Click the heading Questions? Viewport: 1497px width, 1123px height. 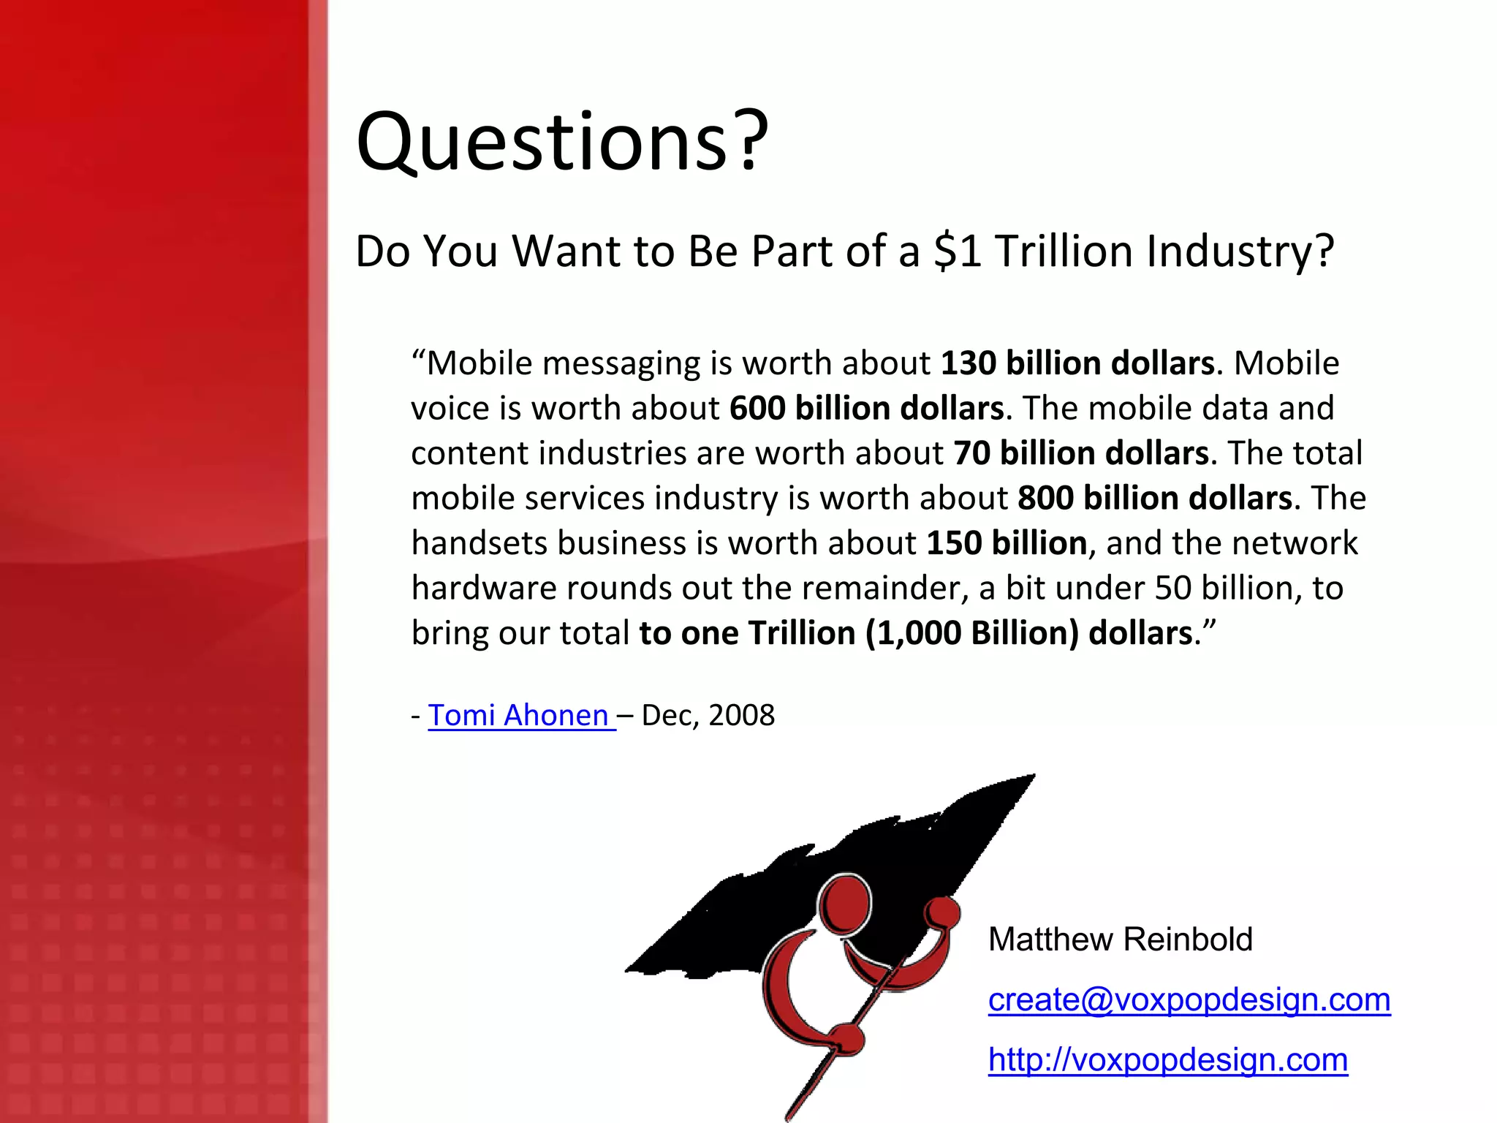click(561, 142)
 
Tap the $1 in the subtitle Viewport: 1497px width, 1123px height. click(958, 251)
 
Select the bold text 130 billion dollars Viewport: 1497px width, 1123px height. click(1077, 363)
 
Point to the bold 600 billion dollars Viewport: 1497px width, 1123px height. click(866, 408)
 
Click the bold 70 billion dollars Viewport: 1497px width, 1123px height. click(1081, 453)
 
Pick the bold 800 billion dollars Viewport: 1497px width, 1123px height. click(1155, 498)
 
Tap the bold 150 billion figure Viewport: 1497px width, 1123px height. click(1007, 543)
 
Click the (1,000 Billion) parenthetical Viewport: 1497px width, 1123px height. click(972, 633)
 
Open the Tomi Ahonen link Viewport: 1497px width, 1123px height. click(518, 715)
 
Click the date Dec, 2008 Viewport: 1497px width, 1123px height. click(708, 715)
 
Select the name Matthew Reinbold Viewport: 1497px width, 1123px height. click(1120, 939)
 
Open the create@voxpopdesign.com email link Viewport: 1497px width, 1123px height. click(1189, 999)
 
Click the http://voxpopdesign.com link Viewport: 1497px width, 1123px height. click(1167, 1059)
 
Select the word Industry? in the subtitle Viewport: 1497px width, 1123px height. click(1240, 251)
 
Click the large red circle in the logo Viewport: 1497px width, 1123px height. click(845, 905)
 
